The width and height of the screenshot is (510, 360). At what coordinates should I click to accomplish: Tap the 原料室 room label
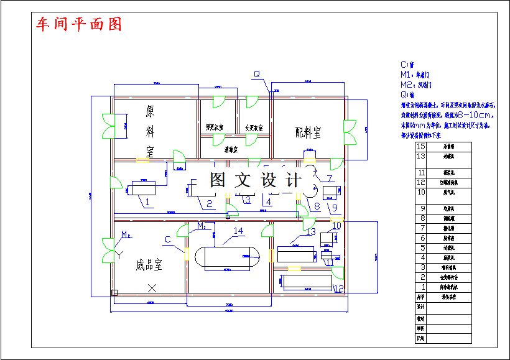point(150,131)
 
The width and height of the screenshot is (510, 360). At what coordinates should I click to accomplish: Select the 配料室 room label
point(308,132)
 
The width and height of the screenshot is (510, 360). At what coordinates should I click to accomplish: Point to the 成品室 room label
point(149,265)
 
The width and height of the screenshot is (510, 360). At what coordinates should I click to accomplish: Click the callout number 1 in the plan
point(148,201)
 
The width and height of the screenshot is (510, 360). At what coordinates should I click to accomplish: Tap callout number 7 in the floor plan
point(330,178)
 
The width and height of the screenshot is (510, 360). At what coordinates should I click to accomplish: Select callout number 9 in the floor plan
point(334,207)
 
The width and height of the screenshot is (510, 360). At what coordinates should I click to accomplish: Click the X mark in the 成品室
point(152,287)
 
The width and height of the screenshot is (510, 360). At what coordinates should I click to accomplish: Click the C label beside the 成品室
point(167,239)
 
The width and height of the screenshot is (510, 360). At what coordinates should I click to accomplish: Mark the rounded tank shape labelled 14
point(228,258)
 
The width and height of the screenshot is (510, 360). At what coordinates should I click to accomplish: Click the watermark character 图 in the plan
point(217,180)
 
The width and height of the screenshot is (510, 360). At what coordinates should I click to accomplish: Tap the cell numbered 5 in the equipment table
point(422,247)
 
